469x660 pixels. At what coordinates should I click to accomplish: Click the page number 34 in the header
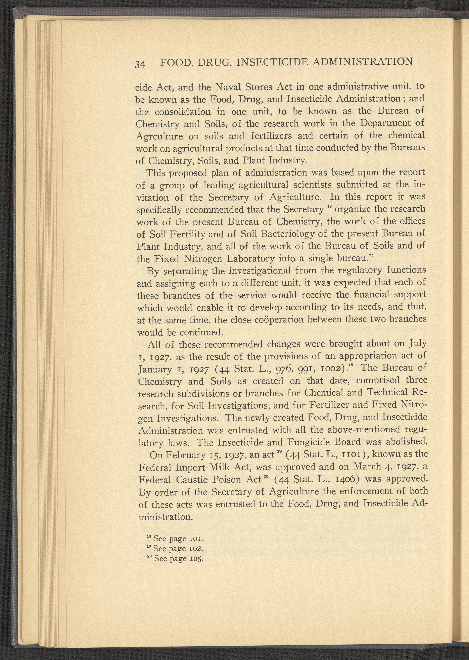click(140, 64)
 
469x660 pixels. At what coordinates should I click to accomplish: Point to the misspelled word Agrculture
click(159, 136)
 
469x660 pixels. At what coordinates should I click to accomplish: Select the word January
click(155, 370)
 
